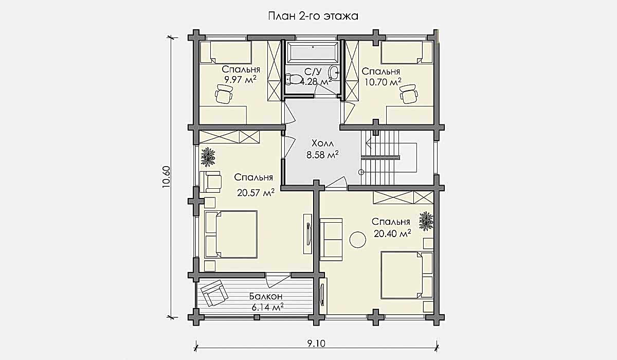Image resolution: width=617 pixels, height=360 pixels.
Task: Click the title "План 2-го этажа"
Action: point(313,16)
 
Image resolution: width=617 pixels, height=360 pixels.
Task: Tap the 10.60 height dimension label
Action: point(167,177)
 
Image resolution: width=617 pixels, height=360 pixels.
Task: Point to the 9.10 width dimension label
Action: point(316,344)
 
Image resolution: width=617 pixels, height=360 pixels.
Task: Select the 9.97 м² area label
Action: point(241,80)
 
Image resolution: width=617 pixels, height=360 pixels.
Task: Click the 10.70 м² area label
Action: point(383,82)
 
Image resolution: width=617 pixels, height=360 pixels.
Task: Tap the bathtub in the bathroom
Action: point(313,52)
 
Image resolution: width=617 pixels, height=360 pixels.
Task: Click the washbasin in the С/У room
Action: point(334,73)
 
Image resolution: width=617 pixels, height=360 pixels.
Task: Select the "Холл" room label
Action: point(322,143)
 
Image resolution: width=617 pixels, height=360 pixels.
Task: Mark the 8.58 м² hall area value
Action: point(322,155)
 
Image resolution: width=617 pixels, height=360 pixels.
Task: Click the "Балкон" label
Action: point(266,296)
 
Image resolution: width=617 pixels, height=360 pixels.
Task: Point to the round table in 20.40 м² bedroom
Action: point(358,240)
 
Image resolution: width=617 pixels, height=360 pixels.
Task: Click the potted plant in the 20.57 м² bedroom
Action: point(208,157)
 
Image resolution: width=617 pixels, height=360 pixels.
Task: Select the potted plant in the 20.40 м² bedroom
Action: point(426,221)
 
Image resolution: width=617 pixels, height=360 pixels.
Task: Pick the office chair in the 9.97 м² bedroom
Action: point(224,94)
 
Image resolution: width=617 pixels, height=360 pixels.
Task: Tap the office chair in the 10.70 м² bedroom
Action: point(409,94)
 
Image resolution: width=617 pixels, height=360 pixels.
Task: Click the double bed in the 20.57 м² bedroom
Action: point(231,235)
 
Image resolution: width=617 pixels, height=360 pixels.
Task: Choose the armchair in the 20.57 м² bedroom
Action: point(210,182)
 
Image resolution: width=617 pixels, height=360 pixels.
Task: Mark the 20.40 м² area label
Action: point(392,233)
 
